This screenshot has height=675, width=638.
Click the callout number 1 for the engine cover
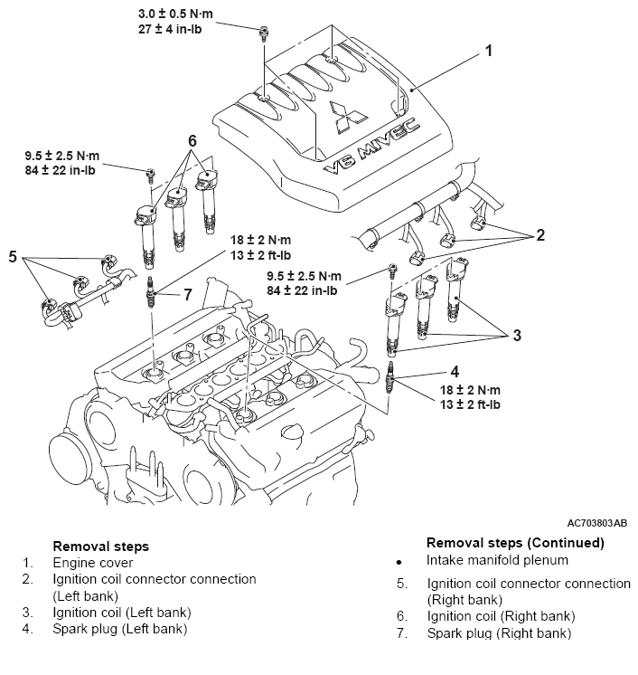click(x=488, y=51)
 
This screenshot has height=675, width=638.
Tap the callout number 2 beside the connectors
click(x=540, y=235)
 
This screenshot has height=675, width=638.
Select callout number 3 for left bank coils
click(x=517, y=335)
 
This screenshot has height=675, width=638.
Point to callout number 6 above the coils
click(x=192, y=141)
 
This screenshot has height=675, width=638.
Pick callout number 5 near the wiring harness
click(x=13, y=257)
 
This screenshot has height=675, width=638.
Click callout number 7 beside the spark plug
click(x=187, y=295)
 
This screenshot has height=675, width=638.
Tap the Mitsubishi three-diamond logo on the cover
click(x=347, y=116)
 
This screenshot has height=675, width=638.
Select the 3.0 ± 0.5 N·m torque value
click(x=175, y=14)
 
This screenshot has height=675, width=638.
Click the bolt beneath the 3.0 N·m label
click(x=264, y=33)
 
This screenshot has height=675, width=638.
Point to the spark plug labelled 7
click(x=150, y=293)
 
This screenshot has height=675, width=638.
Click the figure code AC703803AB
click(x=597, y=523)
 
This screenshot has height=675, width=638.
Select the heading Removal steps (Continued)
click(x=515, y=543)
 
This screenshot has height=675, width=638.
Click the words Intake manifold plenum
click(x=497, y=560)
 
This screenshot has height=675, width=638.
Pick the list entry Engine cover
click(x=93, y=563)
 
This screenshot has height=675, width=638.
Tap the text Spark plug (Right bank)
click(x=499, y=633)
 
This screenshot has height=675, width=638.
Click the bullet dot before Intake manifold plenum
click(x=399, y=562)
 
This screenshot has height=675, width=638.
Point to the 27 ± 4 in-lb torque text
click(x=170, y=29)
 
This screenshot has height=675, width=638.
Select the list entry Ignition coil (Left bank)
click(x=122, y=613)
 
